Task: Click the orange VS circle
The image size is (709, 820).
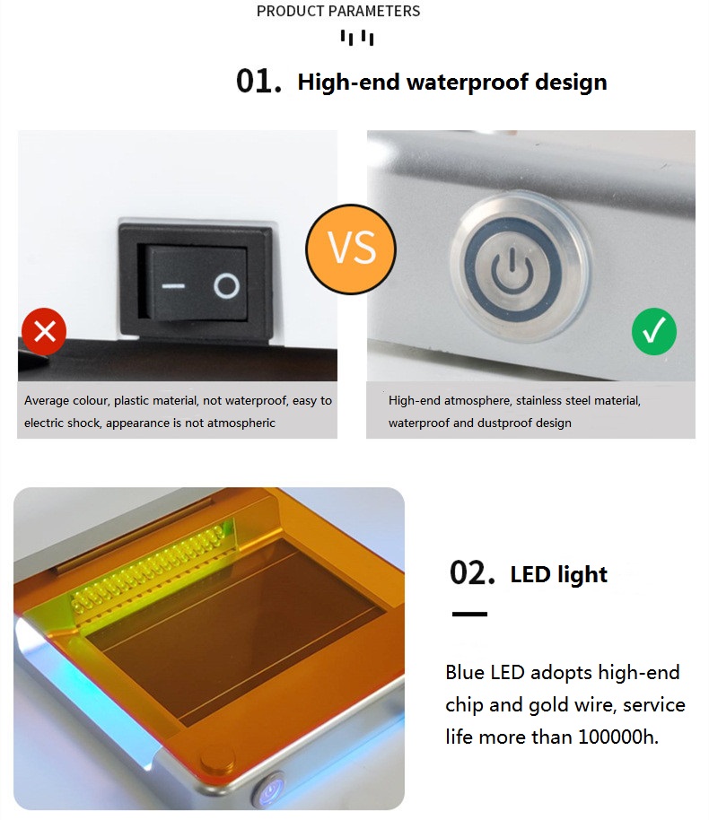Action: tap(351, 249)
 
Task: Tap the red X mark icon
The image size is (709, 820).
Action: tap(44, 331)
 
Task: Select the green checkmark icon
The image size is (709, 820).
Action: tap(654, 332)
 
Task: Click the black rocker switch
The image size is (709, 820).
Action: tap(195, 280)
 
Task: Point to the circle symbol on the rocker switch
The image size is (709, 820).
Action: tap(226, 286)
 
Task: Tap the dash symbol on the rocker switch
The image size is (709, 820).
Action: tap(173, 286)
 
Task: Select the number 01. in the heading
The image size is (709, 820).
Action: tap(258, 82)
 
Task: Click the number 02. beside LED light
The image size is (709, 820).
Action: tap(472, 573)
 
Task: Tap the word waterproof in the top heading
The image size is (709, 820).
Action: tap(468, 83)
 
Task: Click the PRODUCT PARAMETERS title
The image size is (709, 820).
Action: tap(338, 11)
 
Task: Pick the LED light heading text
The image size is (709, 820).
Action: tap(559, 575)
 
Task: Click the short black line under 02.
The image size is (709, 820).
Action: tap(469, 614)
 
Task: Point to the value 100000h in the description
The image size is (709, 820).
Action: tap(618, 737)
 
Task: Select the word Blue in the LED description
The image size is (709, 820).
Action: tap(466, 673)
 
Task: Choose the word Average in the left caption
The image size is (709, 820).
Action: tap(47, 401)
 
